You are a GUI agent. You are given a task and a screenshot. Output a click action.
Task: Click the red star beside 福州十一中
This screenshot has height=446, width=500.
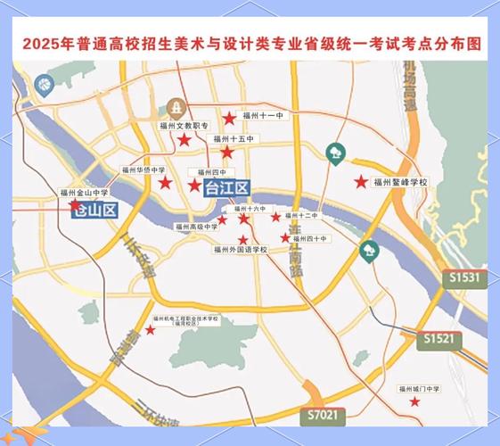tap(229, 117)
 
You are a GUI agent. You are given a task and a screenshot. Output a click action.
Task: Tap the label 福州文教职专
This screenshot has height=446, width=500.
tap(183, 127)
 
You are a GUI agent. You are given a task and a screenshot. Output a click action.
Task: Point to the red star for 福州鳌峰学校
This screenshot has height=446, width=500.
tap(360, 182)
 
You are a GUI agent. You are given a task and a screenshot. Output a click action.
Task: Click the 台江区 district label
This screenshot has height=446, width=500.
tap(227, 188)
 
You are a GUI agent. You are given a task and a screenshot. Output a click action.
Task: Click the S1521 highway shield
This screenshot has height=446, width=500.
tap(439, 339)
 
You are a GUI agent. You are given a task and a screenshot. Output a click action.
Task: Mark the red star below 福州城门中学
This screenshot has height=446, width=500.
tap(414, 402)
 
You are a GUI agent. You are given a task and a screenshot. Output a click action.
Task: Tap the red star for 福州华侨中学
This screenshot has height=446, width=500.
tap(165, 183)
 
